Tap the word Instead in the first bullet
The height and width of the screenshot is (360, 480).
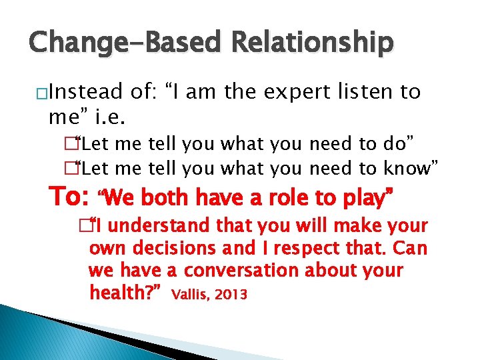pyautogui.click(x=86, y=91)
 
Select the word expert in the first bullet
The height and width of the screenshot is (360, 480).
pyautogui.click(x=291, y=91)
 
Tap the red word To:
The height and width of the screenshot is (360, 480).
pyautogui.click(x=70, y=197)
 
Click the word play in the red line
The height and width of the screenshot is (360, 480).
pyautogui.click(x=360, y=197)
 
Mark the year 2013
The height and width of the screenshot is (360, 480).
pyautogui.click(x=231, y=294)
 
